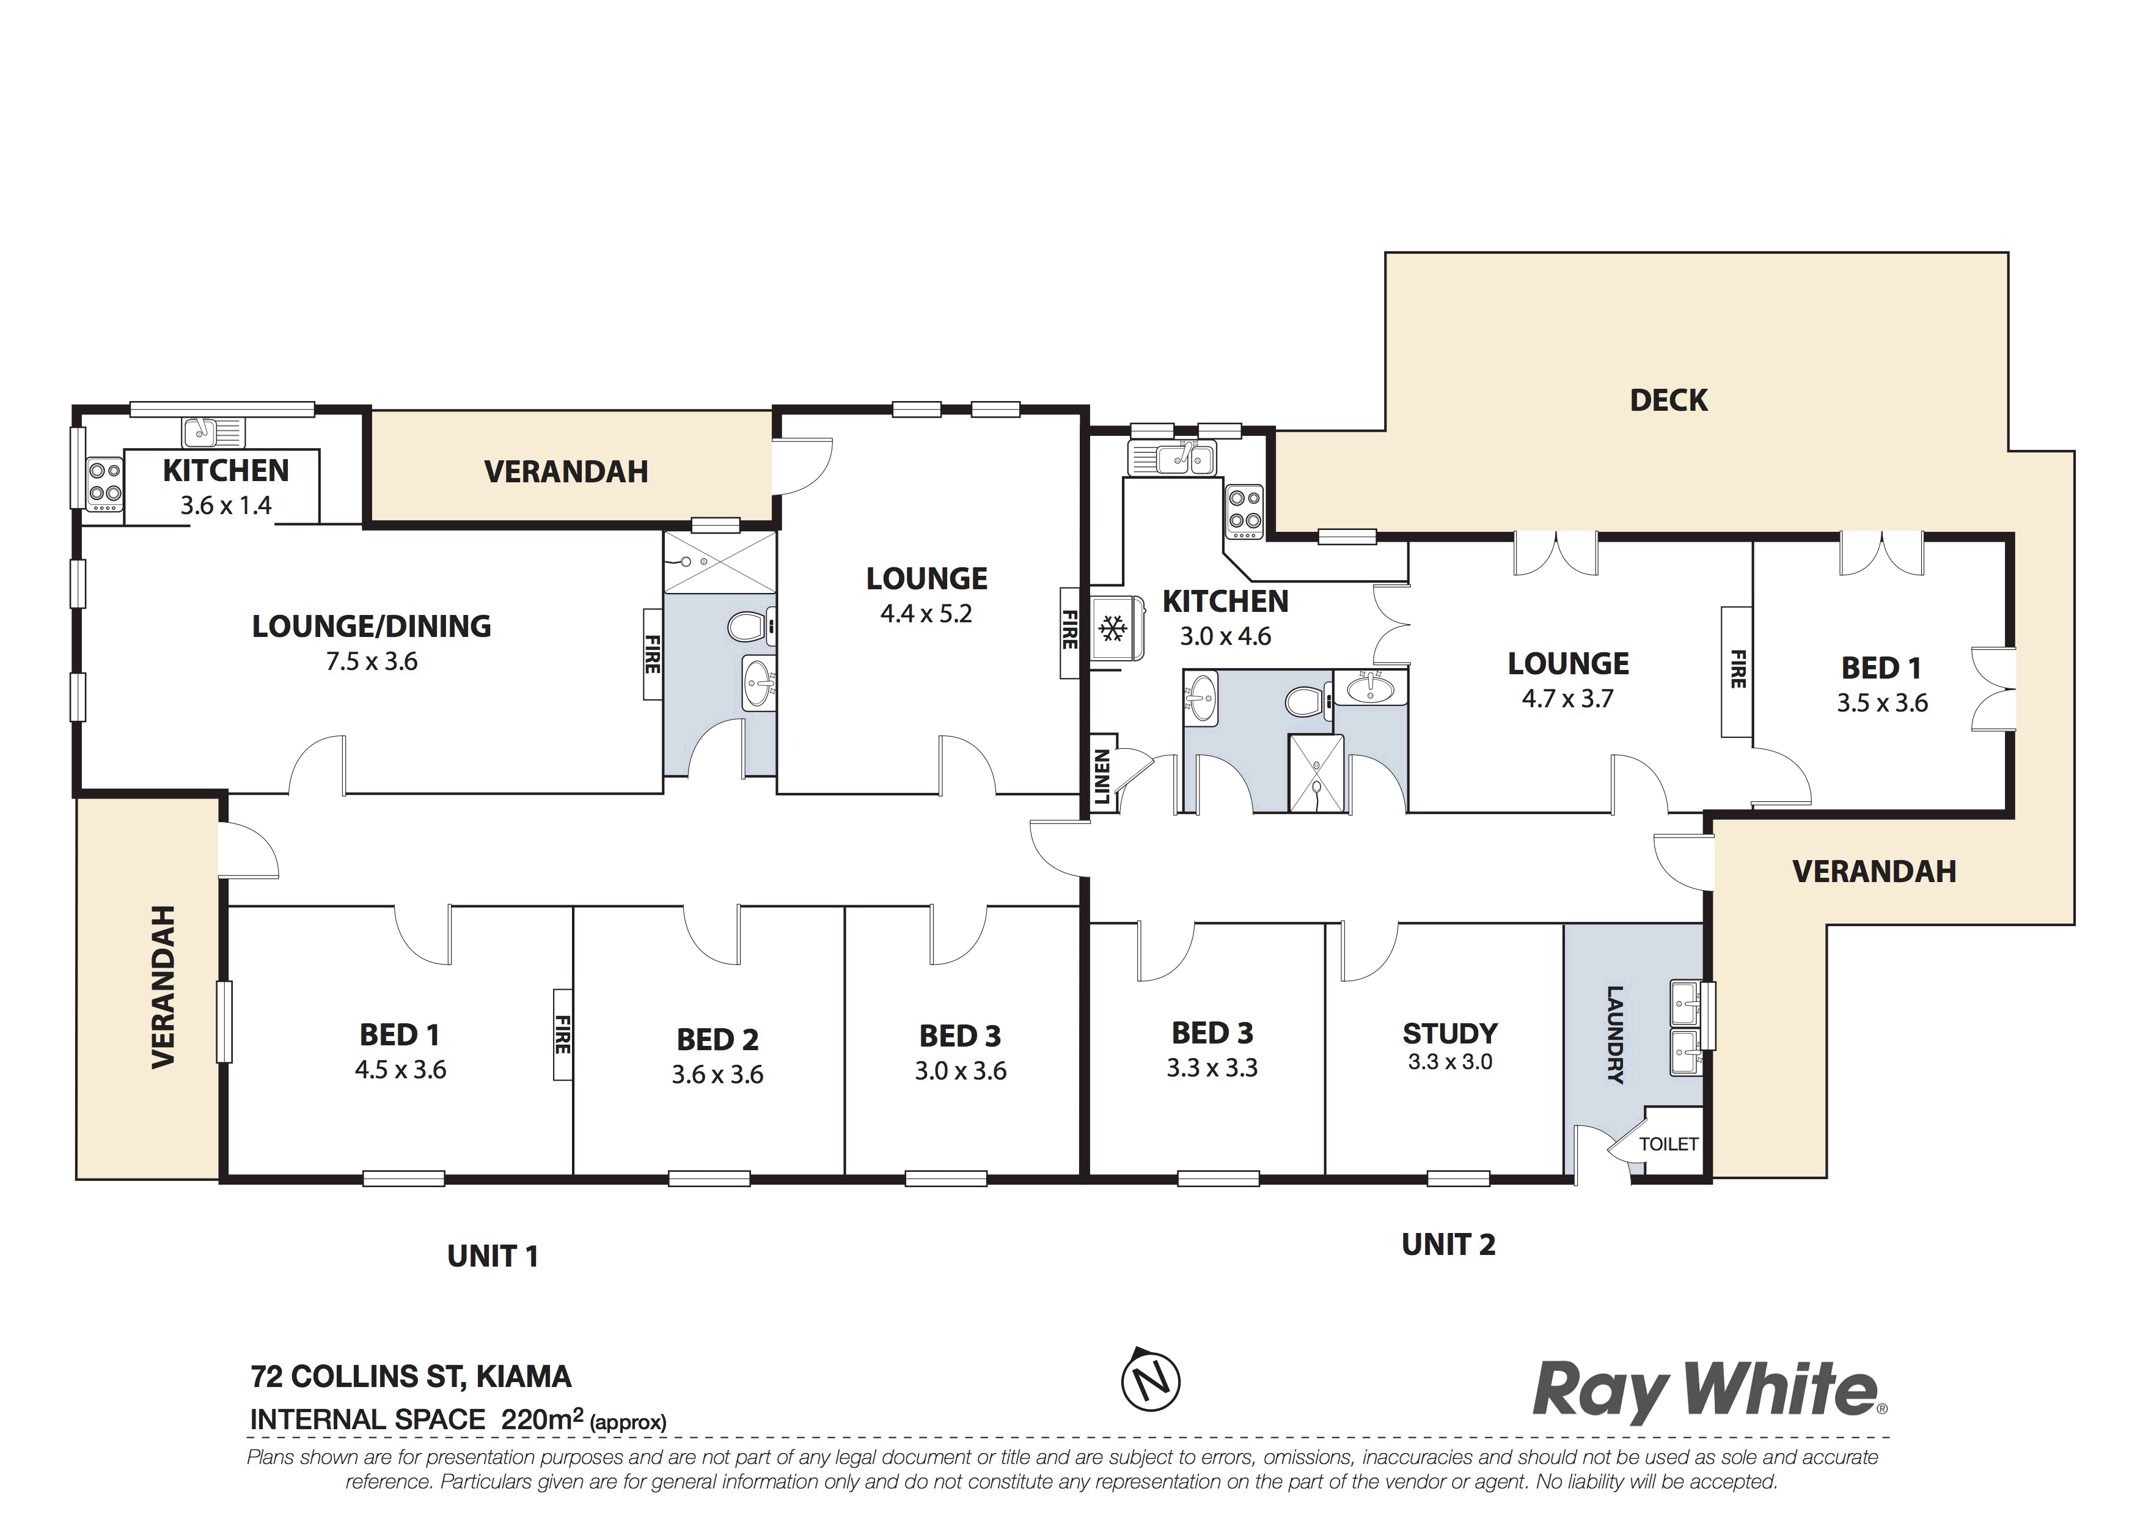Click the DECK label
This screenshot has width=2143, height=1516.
pyautogui.click(x=1668, y=400)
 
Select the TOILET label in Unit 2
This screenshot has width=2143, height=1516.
pyautogui.click(x=1669, y=1144)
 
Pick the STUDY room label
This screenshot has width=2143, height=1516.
pyautogui.click(x=1449, y=1033)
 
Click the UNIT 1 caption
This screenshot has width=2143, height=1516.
pyautogui.click(x=493, y=1256)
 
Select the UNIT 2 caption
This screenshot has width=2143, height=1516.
pyautogui.click(x=1449, y=1245)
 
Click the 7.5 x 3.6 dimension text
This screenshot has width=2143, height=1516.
pyautogui.click(x=372, y=662)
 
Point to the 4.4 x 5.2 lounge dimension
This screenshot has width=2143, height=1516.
pyautogui.click(x=926, y=614)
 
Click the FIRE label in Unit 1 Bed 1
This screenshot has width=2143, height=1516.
pyautogui.click(x=562, y=1034)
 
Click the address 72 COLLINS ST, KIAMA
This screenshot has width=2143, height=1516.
pyautogui.click(x=411, y=1377)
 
